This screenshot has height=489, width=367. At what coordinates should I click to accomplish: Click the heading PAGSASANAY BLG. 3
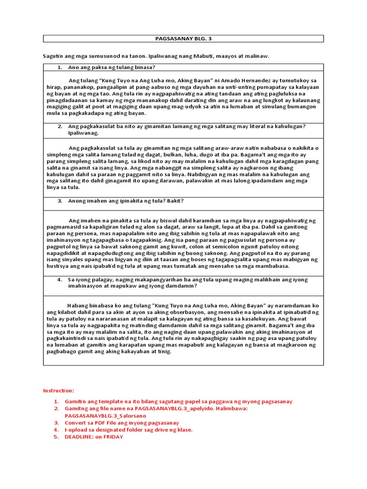coord(183,39)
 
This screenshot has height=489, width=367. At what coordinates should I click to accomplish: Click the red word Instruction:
coord(59,391)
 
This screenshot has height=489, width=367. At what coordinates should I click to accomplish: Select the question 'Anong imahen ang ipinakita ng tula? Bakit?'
coord(126,201)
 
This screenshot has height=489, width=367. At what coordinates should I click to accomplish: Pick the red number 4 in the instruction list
coord(56,430)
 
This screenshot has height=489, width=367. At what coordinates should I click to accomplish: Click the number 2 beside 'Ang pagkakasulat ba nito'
coord(60,126)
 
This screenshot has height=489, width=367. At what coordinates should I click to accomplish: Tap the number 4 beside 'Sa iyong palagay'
coord(60,279)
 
